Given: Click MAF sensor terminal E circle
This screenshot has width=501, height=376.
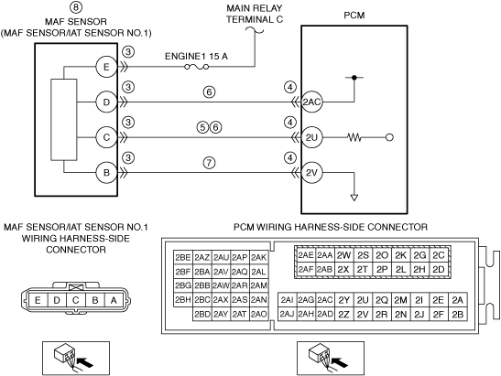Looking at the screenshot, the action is (106, 67).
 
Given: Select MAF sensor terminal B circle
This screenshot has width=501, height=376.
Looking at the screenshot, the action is (106, 173).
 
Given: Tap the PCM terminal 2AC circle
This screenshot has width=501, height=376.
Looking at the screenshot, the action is (311, 102).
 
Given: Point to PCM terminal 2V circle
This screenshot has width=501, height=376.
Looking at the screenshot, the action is (311, 173).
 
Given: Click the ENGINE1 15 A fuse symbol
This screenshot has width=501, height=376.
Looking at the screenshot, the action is (197, 67).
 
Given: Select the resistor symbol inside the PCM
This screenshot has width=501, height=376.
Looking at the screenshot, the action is (354, 137).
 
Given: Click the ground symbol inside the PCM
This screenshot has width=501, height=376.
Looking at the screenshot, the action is (354, 198).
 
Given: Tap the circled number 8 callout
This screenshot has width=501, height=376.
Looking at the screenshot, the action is (76, 7).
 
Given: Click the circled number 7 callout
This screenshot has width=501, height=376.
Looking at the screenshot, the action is (209, 163).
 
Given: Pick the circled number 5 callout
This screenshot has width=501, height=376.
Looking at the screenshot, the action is (202, 128).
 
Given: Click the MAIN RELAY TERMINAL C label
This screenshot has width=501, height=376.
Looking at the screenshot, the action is (255, 14).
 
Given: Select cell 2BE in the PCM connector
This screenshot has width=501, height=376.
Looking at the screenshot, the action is (183, 257).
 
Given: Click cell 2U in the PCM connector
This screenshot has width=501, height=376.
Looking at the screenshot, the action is (363, 300).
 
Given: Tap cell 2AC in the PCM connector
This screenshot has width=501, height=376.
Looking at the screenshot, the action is (325, 300).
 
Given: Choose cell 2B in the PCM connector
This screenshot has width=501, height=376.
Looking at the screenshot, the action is (458, 315).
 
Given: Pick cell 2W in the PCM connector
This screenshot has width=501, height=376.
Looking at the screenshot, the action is (343, 255).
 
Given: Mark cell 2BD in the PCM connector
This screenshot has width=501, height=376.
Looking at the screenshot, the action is (202, 315).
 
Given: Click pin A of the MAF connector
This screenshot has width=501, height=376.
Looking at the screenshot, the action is (114, 300).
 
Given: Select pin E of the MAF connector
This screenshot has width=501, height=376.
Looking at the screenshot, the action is (38, 300).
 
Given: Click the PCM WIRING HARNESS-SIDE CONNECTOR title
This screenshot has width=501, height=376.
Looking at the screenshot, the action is (331, 227).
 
